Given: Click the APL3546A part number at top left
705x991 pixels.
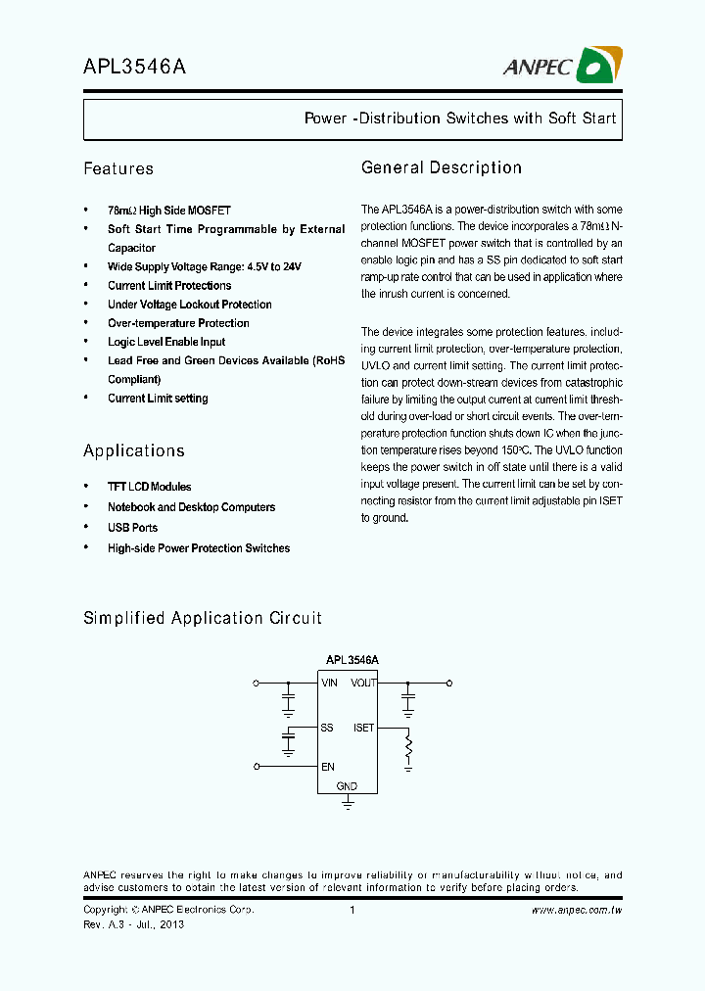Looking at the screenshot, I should (x=134, y=67).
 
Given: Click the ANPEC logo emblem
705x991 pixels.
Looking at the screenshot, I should (x=595, y=66).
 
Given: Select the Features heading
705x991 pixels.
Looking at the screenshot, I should (x=118, y=169).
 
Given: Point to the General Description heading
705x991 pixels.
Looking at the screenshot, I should (x=442, y=168).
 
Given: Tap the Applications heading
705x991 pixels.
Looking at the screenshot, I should (x=134, y=451).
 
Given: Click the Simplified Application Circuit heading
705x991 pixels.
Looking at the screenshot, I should (x=203, y=618).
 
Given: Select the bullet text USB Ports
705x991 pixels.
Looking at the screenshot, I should (x=132, y=528).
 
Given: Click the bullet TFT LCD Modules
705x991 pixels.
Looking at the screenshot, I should (x=149, y=487).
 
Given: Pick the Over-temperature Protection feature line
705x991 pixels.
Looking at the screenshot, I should (x=178, y=323).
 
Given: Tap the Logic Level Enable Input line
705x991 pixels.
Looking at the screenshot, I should (x=166, y=342).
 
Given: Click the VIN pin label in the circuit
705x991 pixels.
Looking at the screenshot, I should (x=330, y=683).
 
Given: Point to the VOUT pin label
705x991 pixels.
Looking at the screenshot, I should (x=364, y=683).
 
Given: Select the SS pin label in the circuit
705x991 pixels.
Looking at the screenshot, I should (x=327, y=728).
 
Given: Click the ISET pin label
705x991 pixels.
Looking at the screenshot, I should (x=364, y=728).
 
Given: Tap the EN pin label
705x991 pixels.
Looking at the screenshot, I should (x=327, y=767).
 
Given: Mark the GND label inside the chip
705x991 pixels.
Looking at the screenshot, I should (x=347, y=786).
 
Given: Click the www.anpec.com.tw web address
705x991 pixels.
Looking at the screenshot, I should (x=577, y=911).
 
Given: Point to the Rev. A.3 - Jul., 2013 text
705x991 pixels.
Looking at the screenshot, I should (x=133, y=924).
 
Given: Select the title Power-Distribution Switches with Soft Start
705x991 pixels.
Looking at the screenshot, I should (x=460, y=118).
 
